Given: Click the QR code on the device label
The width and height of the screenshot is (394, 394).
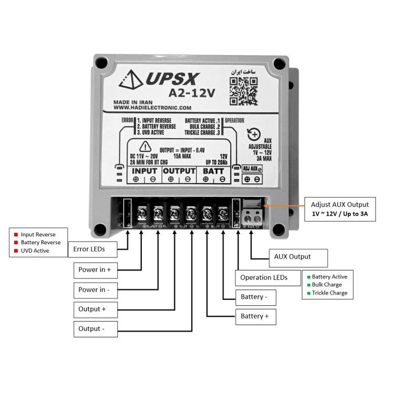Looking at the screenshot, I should pos(244,90).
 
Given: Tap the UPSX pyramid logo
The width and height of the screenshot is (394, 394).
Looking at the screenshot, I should pos(130,79).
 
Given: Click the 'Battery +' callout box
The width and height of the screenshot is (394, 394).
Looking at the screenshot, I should pos(255,316).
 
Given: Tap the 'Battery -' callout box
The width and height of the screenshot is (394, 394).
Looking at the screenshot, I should pos(255,297).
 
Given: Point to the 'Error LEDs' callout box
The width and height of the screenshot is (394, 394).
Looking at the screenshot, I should pos(90,249).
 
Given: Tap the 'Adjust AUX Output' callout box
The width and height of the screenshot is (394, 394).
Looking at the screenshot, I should pos(340,209).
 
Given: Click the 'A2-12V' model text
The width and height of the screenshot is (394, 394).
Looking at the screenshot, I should pos(192,93).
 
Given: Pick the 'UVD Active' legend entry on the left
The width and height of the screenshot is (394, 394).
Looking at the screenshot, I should pos(35,251).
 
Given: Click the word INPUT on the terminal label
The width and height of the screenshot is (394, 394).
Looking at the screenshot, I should pos(144,171).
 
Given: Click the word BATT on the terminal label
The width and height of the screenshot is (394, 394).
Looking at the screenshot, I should pos(214,171).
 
